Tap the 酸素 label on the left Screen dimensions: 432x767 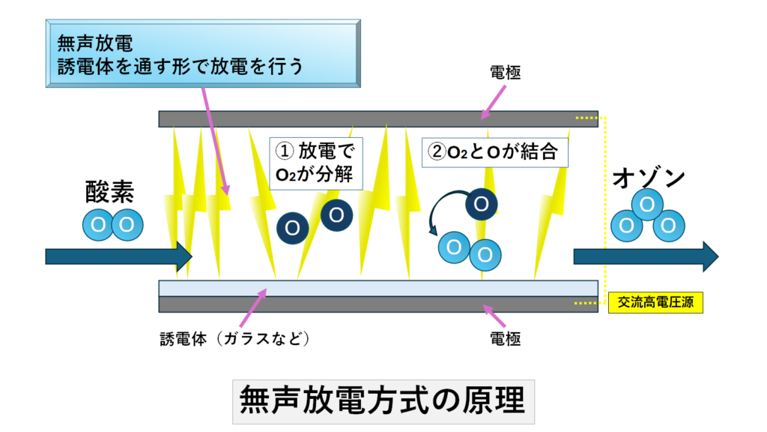(x=109, y=192)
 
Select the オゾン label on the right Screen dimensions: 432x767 (x=649, y=178)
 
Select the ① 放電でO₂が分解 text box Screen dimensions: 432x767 (x=315, y=163)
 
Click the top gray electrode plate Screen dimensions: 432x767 (x=378, y=118)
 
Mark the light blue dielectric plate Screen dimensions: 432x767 (x=378, y=288)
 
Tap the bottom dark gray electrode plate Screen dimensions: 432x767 (x=378, y=304)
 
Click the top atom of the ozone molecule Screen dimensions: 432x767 (x=648, y=204)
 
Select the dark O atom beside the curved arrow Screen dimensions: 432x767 (x=481, y=203)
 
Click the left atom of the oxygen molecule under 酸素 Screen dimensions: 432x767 (x=97, y=224)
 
